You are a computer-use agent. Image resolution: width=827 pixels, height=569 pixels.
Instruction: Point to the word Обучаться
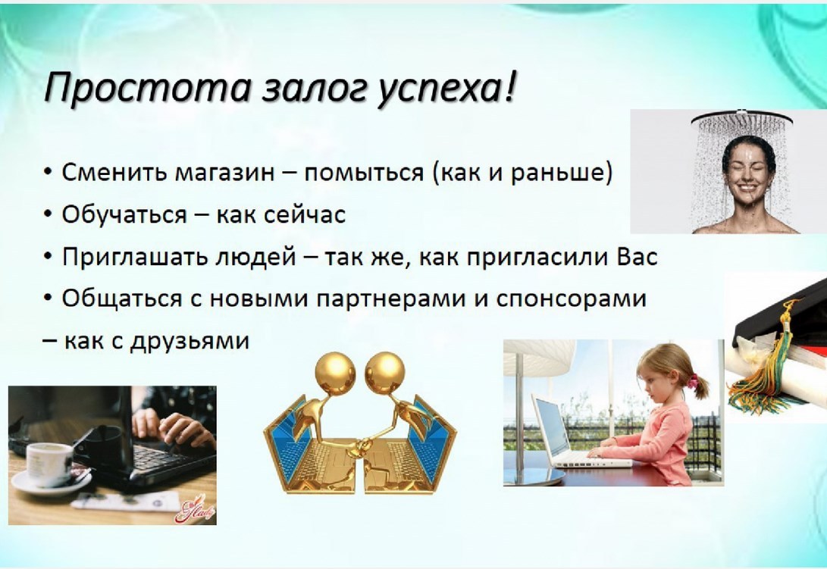pyautogui.click(x=124, y=214)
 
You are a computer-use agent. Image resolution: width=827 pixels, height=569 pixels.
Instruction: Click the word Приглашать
pyautogui.click(x=136, y=258)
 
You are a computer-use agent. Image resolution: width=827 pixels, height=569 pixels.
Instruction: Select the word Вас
pyautogui.click(x=637, y=257)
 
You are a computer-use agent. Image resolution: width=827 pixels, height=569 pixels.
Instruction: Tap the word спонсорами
pyautogui.click(x=572, y=299)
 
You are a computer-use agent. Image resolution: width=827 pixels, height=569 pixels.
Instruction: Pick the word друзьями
pyautogui.click(x=189, y=341)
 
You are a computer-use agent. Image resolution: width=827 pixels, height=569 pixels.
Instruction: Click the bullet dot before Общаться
pyautogui.click(x=49, y=299)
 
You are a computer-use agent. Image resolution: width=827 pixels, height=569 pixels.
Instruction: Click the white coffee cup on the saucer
pyautogui.click(x=49, y=464)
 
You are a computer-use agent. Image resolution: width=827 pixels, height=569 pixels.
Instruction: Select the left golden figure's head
pyautogui.click(x=335, y=371)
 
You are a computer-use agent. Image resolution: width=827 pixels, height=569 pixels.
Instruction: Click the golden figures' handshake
pyautogui.click(x=361, y=444)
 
